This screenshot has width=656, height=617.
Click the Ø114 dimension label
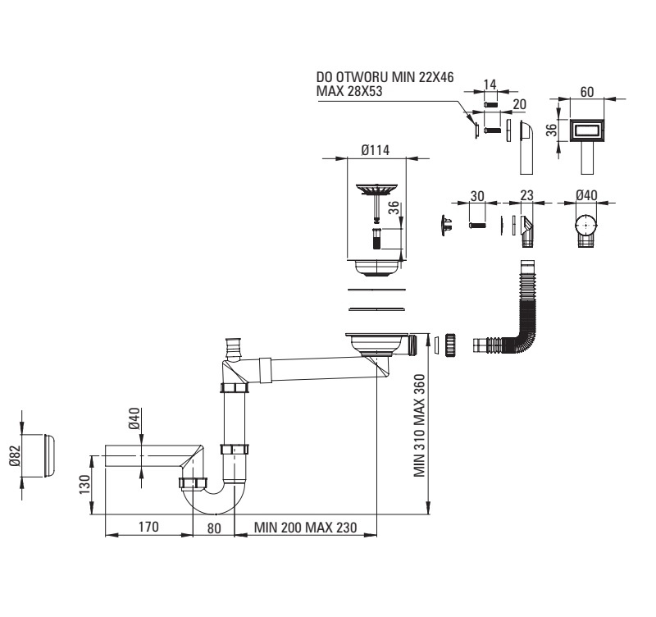pyautogui.click(x=375, y=151)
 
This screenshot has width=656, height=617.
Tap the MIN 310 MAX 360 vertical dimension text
pyautogui.click(x=420, y=427)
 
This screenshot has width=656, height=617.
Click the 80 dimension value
pyautogui.click(x=214, y=528)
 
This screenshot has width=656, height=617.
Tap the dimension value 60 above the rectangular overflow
pyautogui.click(x=587, y=92)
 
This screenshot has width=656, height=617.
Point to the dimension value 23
pyautogui.click(x=526, y=197)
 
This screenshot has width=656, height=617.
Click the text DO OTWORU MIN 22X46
pyautogui.click(x=385, y=77)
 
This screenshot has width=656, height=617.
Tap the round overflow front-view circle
pyautogui.click(x=587, y=224)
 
